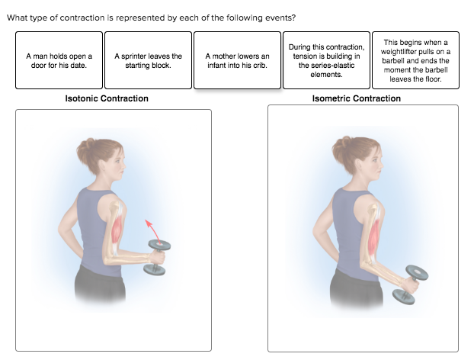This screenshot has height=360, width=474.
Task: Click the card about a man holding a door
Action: point(59,60)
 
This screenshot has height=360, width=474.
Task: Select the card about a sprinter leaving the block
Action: point(148,60)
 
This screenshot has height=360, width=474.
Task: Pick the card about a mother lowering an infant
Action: point(237,60)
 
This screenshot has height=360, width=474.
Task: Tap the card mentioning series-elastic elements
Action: point(326,60)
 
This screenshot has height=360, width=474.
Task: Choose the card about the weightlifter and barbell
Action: point(415,60)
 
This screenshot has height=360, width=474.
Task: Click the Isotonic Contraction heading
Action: point(107,98)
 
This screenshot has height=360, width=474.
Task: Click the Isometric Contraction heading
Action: point(356,98)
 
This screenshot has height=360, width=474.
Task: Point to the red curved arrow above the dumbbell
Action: point(150,228)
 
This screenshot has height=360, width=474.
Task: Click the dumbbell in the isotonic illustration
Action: point(159,256)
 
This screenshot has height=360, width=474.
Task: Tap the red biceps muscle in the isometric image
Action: point(371,236)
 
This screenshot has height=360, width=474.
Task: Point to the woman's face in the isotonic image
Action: point(116,162)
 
